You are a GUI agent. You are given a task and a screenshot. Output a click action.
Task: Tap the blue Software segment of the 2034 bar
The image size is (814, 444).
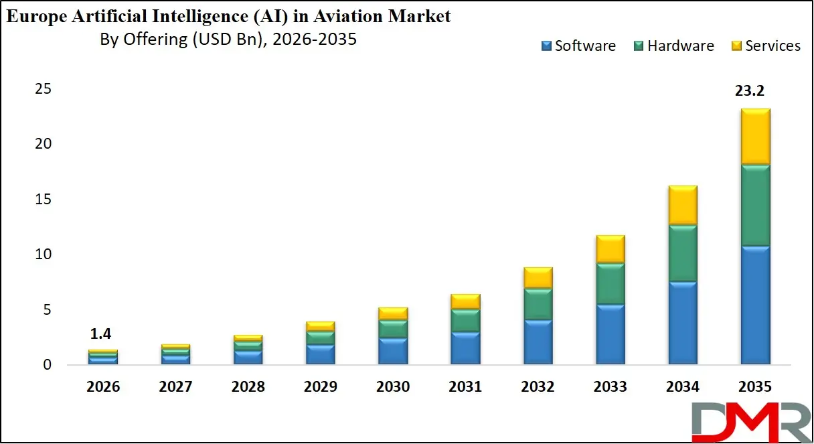pyautogui.click(x=683, y=323)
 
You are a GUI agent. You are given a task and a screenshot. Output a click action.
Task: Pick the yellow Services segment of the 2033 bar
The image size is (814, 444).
pyautogui.click(x=610, y=249)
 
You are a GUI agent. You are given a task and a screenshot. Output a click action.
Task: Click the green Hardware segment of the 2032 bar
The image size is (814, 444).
pyautogui.click(x=538, y=304)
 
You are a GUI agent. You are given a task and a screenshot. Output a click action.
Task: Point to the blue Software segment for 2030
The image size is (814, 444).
pyautogui.click(x=393, y=351)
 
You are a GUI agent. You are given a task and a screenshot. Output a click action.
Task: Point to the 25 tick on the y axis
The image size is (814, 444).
pyautogui.click(x=44, y=89)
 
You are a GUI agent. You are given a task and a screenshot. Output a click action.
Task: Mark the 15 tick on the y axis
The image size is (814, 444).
pyautogui.click(x=44, y=200)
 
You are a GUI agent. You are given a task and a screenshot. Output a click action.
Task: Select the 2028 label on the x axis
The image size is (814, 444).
pyautogui.click(x=248, y=387)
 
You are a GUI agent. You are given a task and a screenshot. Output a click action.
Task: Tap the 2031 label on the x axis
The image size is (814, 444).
pyautogui.click(x=465, y=387)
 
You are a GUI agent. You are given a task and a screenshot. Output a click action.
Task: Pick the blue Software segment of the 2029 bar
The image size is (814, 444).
pyautogui.click(x=320, y=354)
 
